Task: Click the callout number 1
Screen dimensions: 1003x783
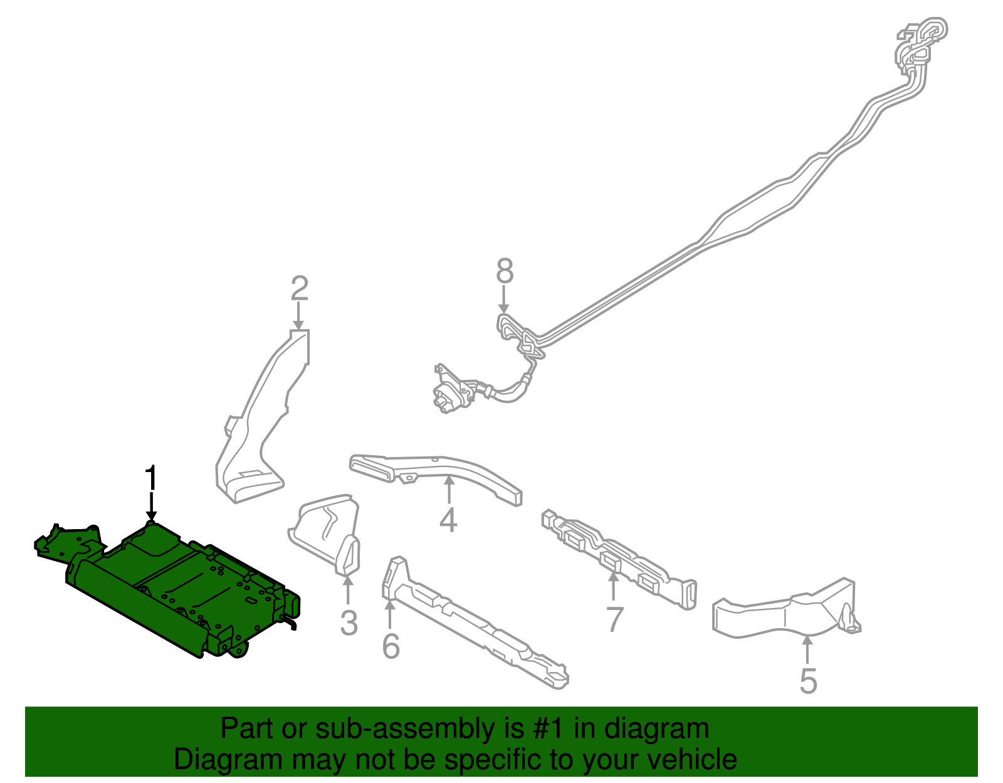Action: pyautogui.click(x=152, y=478)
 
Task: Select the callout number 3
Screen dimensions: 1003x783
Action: pyautogui.click(x=349, y=623)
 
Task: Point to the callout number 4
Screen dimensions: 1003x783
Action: pyautogui.click(x=448, y=519)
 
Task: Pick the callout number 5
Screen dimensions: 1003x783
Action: pyautogui.click(x=808, y=681)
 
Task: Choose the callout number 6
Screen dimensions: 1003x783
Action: pyautogui.click(x=391, y=646)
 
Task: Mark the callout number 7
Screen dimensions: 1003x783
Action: pyautogui.click(x=615, y=619)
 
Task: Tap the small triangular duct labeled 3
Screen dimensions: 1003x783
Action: pyautogui.click(x=325, y=535)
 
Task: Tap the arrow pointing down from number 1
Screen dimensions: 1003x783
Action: pyautogui.click(x=151, y=508)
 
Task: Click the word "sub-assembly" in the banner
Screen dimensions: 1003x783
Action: pyautogui.click(x=419, y=728)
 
